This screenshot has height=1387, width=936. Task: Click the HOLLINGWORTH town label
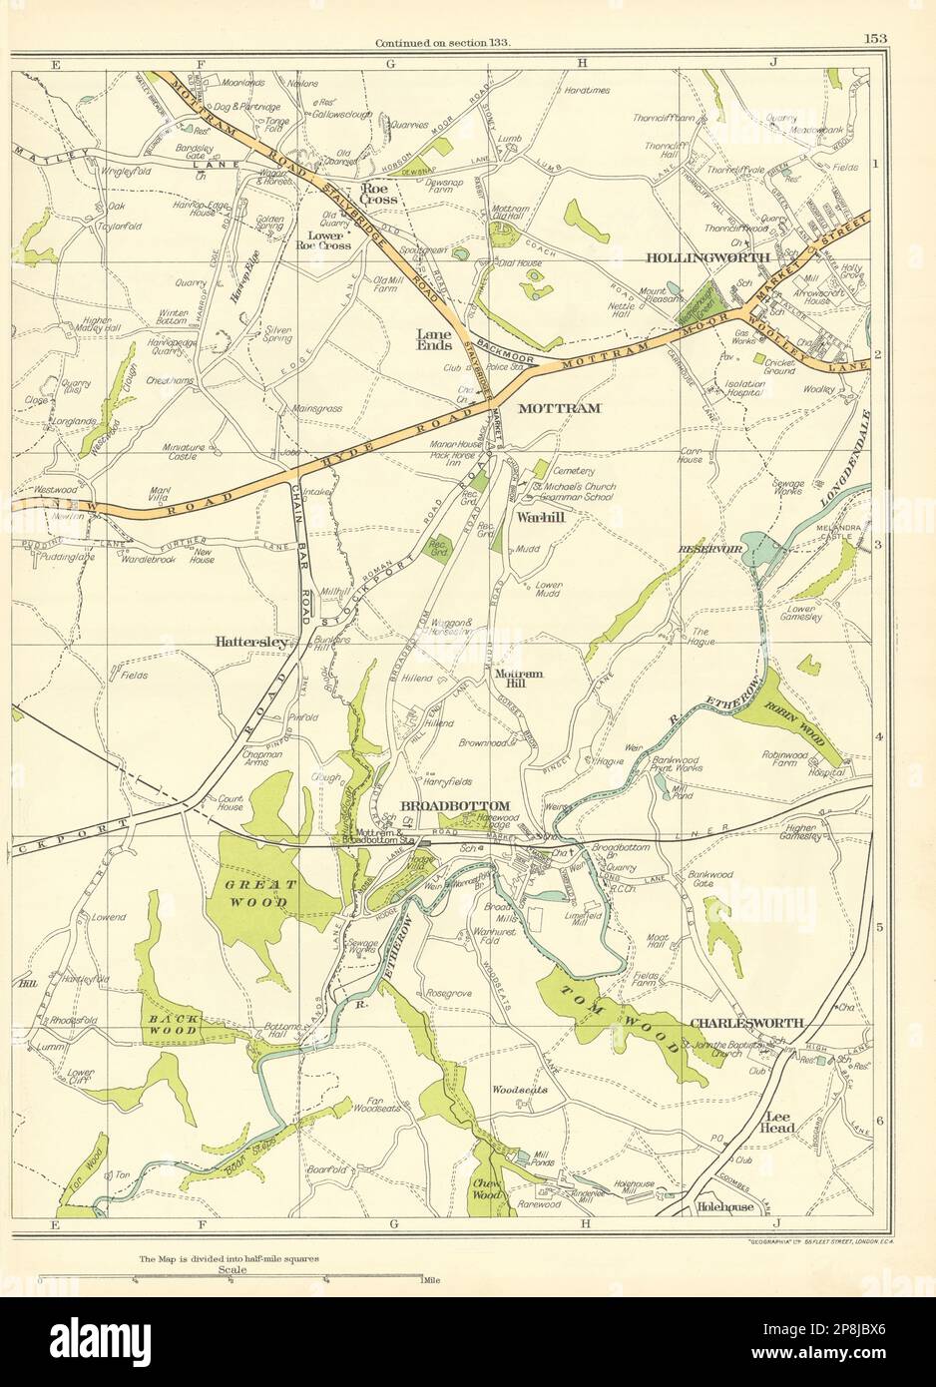(x=707, y=257)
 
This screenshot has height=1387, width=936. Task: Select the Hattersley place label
(x=250, y=644)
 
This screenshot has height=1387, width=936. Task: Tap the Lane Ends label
(x=435, y=338)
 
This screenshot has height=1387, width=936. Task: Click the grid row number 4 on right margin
(x=879, y=736)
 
